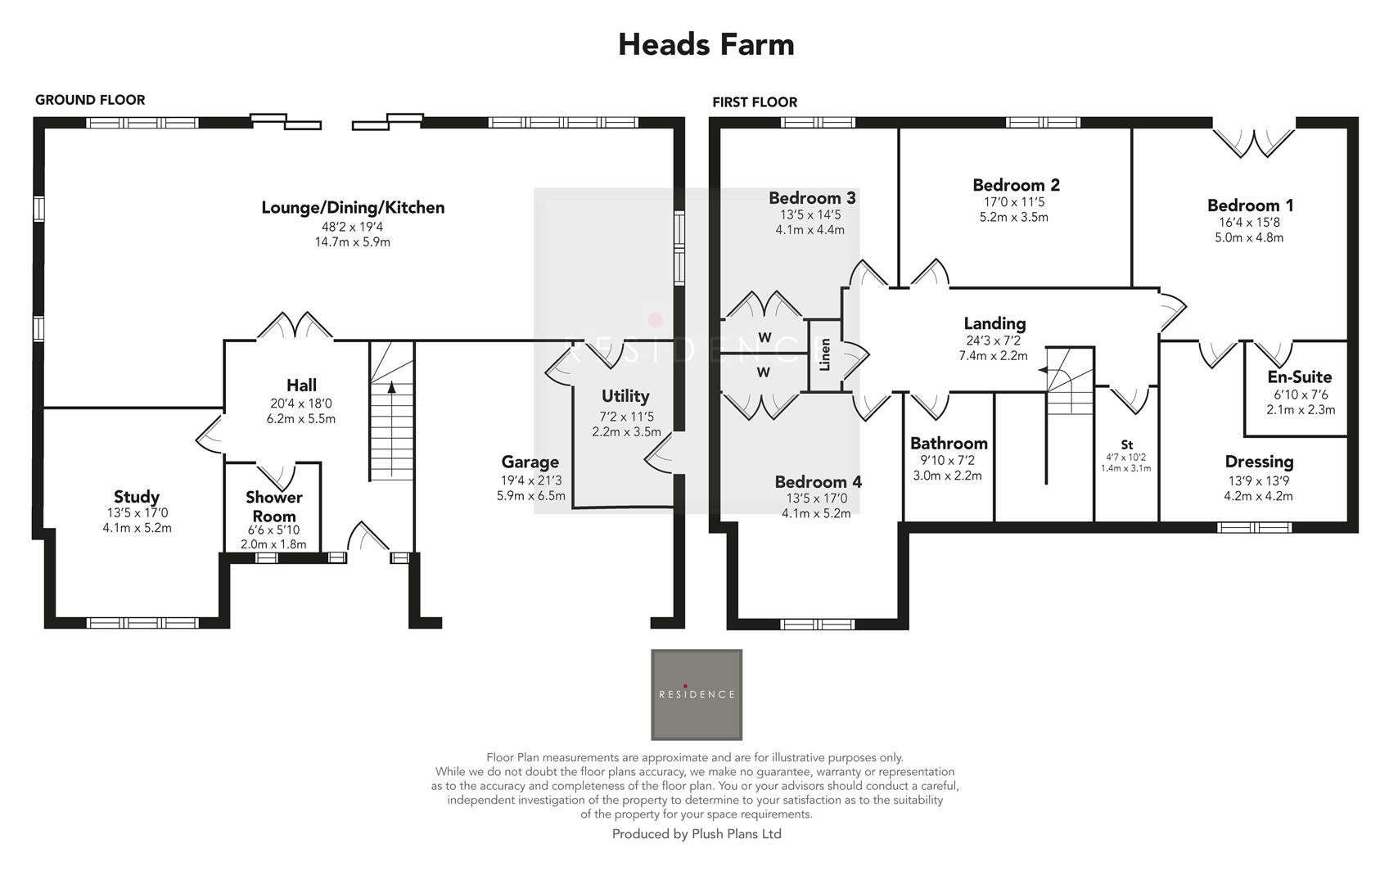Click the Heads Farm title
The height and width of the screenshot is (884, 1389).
[706, 44]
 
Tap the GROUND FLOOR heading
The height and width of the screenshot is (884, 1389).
[90, 100]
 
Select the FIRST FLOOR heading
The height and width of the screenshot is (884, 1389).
[754, 102]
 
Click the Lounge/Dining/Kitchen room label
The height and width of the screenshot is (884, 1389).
[353, 208]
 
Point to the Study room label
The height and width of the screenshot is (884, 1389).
[137, 497]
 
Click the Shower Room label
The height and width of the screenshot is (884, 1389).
[273, 507]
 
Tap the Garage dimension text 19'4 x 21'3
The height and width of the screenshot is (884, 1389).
[530, 480]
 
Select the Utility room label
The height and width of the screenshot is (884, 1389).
[625, 396]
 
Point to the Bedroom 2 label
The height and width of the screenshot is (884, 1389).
[1016, 185]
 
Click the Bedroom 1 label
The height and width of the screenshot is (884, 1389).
[1249, 205]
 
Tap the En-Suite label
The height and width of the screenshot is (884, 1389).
[1299, 377]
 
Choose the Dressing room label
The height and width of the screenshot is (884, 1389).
[1259, 462]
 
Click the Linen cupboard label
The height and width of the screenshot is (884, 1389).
[825, 354]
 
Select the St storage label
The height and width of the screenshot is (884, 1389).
[1126, 445]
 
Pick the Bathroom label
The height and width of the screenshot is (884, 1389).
[949, 444]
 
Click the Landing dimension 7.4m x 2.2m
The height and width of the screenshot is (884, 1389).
[993, 356]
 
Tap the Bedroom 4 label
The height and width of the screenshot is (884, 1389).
[818, 482]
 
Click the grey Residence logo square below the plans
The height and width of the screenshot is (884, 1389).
[697, 694]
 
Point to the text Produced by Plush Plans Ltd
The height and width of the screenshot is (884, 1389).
[697, 834]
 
